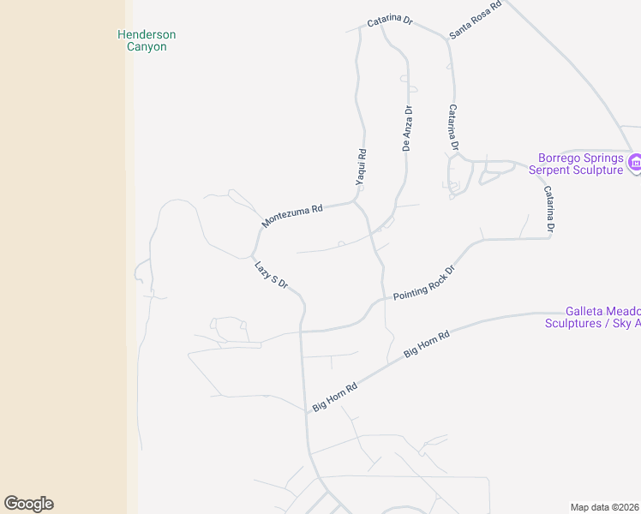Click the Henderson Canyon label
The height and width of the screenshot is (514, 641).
(147, 40)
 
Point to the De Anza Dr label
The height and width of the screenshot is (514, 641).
(408, 128)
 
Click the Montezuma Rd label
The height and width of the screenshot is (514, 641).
(292, 216)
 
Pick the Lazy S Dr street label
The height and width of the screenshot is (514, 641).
(270, 274)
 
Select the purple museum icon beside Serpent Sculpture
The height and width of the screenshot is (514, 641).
(635, 163)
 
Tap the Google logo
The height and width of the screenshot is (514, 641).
(28, 504)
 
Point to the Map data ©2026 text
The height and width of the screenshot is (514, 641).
(605, 507)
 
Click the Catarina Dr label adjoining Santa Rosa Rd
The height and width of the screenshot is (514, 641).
(390, 21)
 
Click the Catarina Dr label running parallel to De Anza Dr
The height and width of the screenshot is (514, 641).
(453, 128)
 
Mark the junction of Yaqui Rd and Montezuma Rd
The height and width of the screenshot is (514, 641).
(355, 202)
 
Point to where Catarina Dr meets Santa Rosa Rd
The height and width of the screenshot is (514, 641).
(446, 38)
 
